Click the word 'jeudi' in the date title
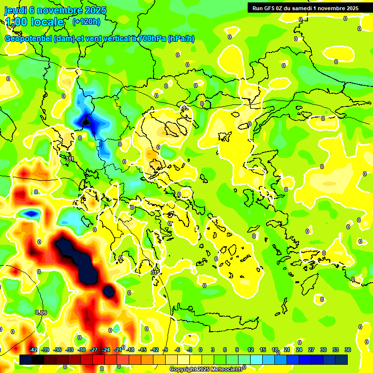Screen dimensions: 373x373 pos(16,10)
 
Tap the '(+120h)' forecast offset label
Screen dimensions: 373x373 pos(86,21)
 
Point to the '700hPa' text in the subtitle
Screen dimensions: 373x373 pos(152,39)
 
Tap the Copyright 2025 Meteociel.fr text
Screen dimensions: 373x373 pos(206,370)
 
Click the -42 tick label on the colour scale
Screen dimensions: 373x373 pos(34,350)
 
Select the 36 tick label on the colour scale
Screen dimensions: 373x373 pos(348,350)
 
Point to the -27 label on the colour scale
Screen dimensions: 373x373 pos(94,350)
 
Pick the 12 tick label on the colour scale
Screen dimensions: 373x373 pos(251,350)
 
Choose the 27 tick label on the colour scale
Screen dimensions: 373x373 pos(311,350)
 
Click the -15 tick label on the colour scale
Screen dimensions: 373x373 pos(142,350)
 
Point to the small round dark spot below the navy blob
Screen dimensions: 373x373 pos(109,291)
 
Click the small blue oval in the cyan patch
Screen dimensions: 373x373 pos(31,213)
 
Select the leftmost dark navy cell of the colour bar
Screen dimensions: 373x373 pos(26,359)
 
